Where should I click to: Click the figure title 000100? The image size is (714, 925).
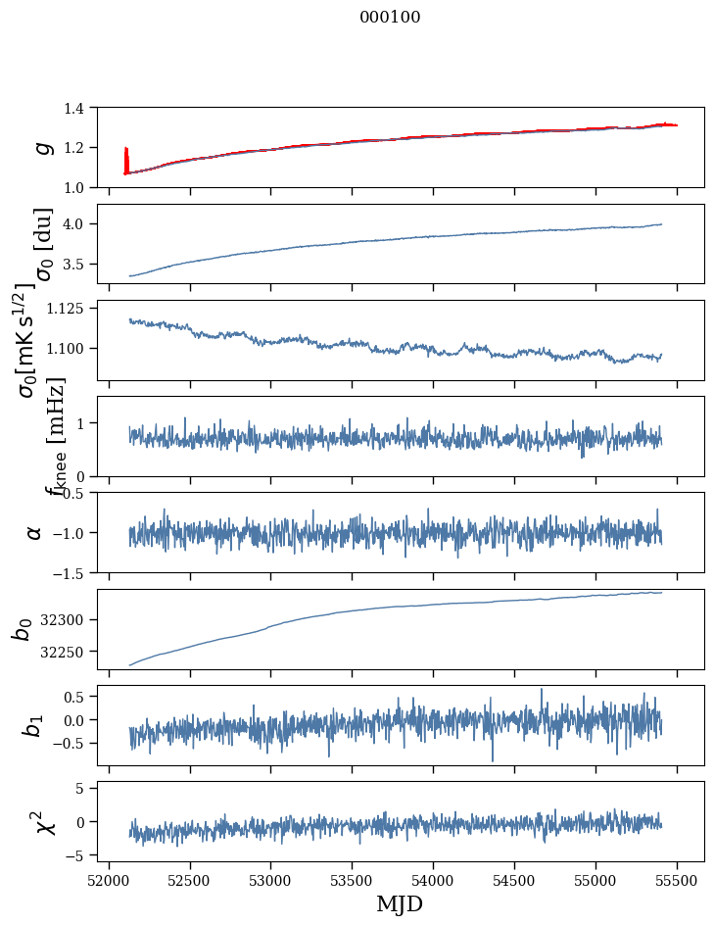click(391, 17)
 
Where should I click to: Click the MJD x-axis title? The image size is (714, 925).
click(400, 903)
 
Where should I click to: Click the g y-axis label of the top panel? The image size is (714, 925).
click(41, 147)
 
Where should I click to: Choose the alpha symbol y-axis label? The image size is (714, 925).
click(35, 532)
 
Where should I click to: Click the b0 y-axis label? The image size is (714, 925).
click(23, 629)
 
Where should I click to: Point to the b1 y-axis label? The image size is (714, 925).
click(34, 725)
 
